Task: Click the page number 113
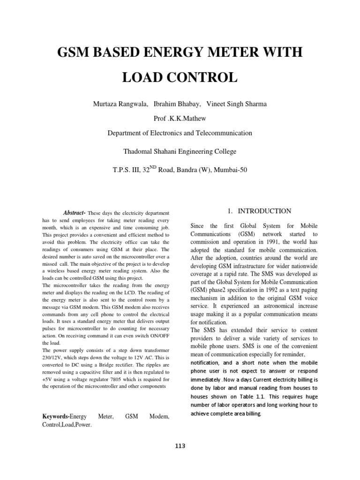tap(180, 446)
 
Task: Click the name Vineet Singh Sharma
tap(235, 103)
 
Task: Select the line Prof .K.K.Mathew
tap(180, 118)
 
